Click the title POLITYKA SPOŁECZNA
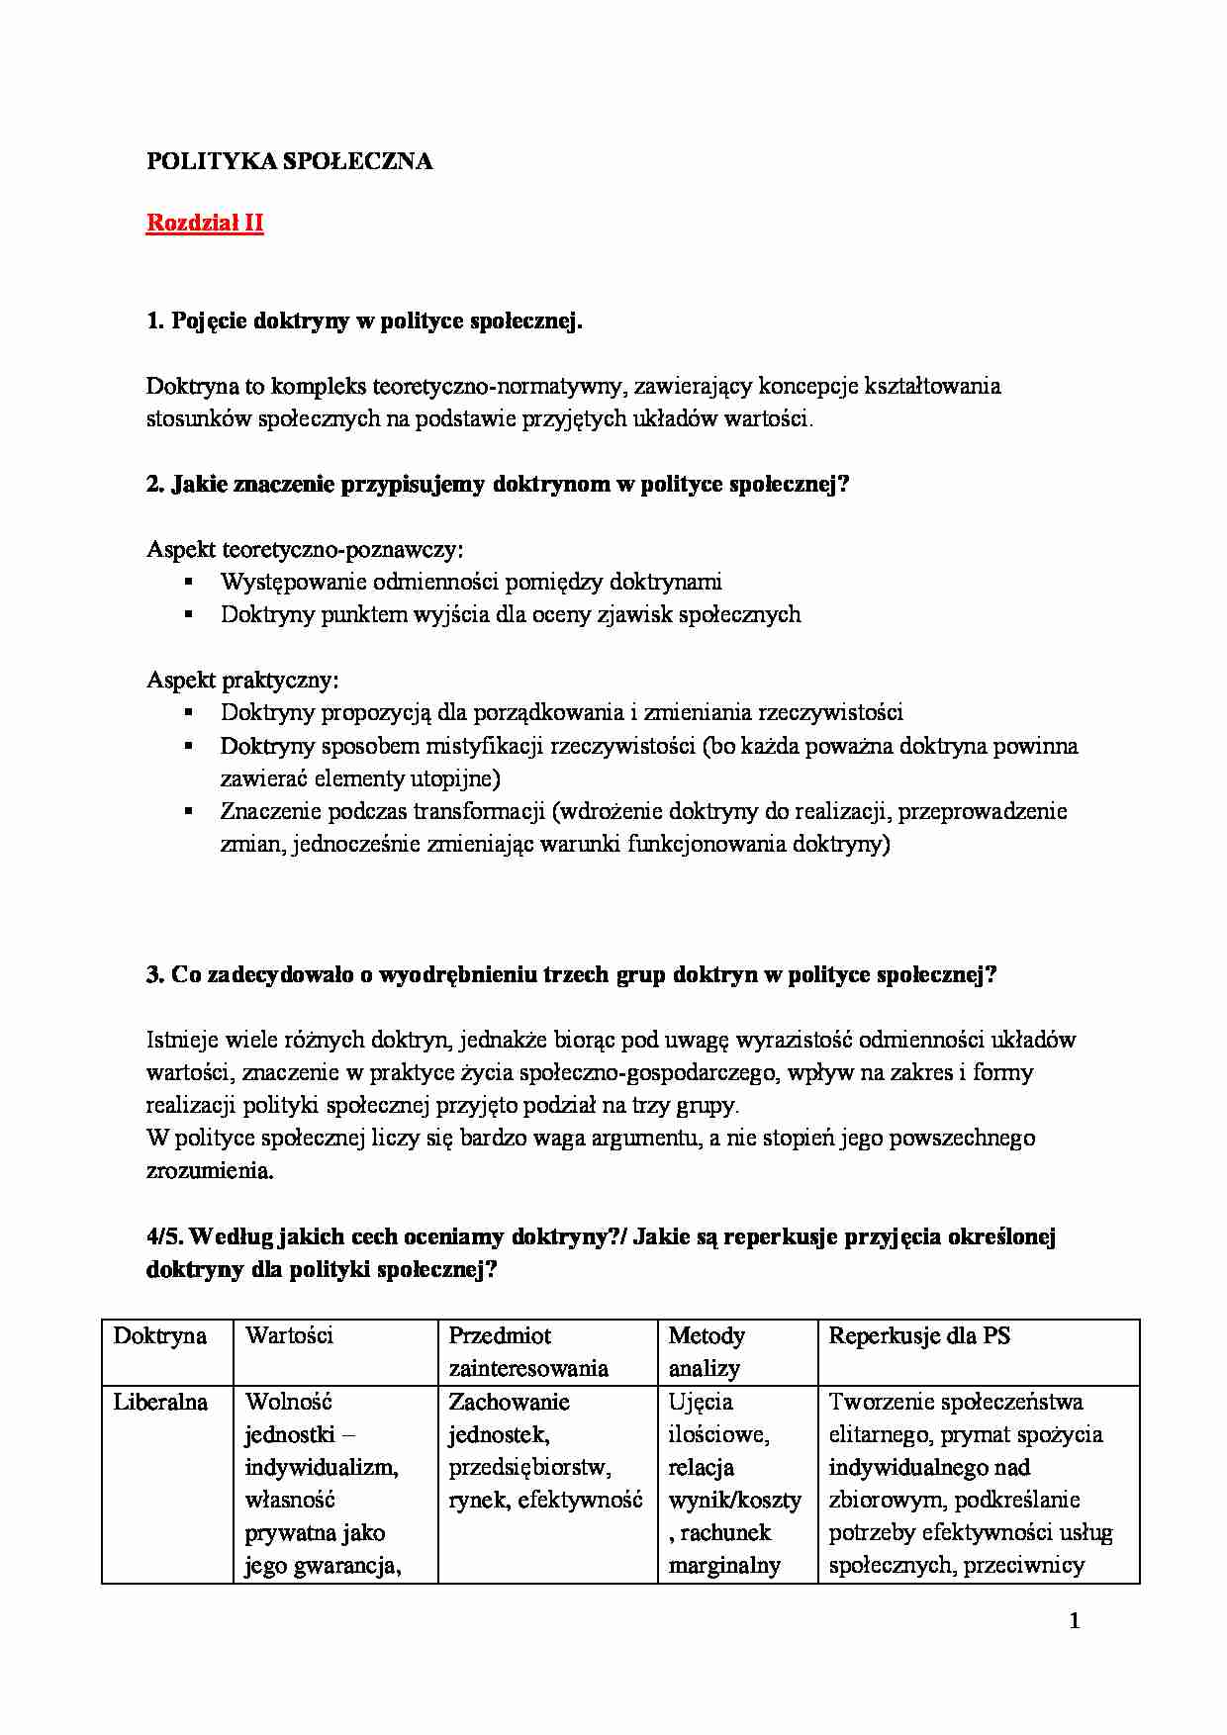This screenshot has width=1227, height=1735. tap(289, 162)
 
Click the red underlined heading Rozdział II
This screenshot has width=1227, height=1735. tap(205, 224)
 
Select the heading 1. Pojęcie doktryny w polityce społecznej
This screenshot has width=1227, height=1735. tap(364, 321)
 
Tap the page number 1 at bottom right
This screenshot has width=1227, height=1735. tap(1075, 1621)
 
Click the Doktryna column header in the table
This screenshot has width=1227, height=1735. tap(160, 1336)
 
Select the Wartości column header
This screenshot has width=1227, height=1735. tap(289, 1336)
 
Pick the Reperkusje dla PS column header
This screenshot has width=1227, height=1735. tap(919, 1336)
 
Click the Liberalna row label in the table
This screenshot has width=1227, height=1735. tap(160, 1403)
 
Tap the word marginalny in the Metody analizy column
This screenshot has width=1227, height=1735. tap(724, 1566)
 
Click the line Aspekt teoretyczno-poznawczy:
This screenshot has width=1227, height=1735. tap(305, 550)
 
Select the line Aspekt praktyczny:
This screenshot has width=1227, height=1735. tap(242, 681)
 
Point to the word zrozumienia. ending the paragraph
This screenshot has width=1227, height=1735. tap(209, 1171)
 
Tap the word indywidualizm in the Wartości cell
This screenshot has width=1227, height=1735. tap(321, 1468)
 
